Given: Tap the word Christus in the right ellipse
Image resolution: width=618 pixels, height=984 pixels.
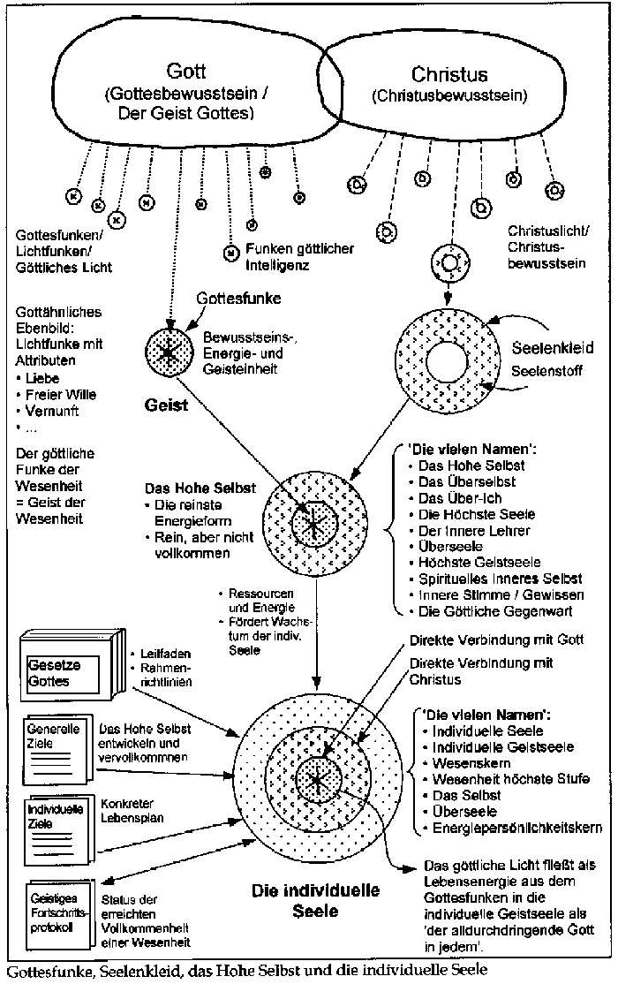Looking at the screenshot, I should tap(451, 73).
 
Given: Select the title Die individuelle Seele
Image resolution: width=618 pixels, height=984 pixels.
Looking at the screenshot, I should tap(315, 898).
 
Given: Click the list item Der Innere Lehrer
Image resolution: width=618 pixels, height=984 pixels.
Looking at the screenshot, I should tap(474, 530).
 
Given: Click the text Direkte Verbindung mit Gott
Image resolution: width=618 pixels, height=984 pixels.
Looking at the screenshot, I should tap(474, 637).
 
